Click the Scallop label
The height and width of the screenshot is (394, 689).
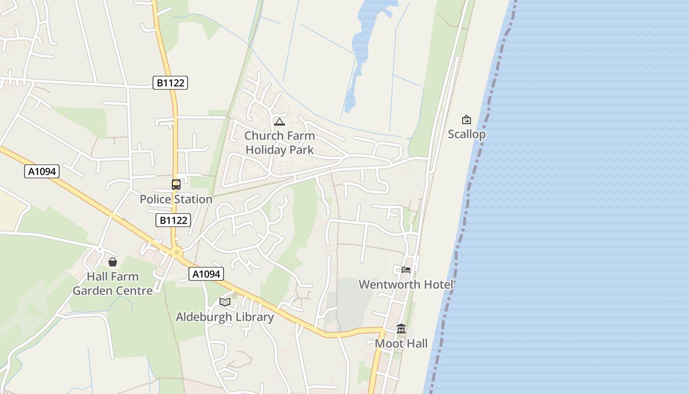tap(467, 134)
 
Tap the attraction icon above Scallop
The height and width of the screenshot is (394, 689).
tap(467, 120)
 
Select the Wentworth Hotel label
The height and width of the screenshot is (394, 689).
tap(406, 284)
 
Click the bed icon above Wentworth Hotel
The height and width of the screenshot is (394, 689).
tap(406, 269)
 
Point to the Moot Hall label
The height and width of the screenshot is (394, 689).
tap(401, 343)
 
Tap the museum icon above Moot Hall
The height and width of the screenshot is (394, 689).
tap(401, 329)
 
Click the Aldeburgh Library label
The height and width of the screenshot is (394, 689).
tap(225, 317)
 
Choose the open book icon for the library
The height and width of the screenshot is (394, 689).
tap(225, 302)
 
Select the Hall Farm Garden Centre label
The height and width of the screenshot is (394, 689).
tap(113, 284)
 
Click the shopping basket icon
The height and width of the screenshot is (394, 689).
tap(113, 262)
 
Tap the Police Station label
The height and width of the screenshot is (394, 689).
tap(176, 199)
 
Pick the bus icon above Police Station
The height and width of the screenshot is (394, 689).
tap(176, 185)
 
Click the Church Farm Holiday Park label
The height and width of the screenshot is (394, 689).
tap(280, 142)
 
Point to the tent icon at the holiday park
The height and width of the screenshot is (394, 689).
tap(280, 122)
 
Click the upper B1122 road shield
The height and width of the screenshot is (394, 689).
tap(170, 83)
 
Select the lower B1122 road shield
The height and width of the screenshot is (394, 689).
tap(173, 220)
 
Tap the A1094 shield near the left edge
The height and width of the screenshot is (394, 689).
tap(42, 171)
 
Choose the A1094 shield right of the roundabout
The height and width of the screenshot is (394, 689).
tap(206, 274)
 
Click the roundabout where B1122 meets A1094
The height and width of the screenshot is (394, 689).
tap(177, 253)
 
